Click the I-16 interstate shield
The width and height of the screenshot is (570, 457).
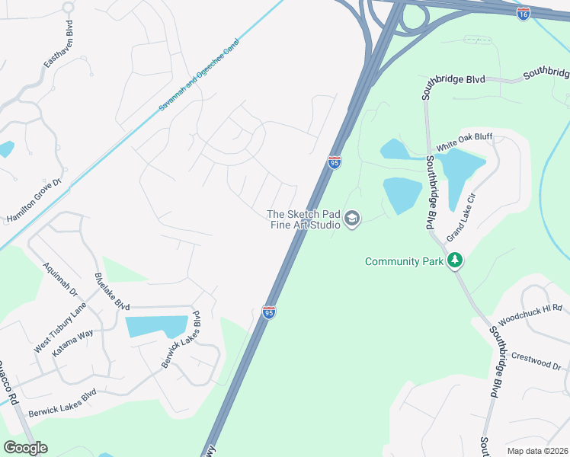(x=523, y=14)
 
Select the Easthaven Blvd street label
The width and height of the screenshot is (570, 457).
(x=59, y=44)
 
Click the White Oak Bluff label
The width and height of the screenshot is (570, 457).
(x=464, y=142)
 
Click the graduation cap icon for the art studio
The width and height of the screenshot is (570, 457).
(x=351, y=219)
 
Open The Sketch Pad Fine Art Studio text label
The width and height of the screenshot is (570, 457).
(x=303, y=219)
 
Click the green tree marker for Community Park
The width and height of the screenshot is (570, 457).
(x=455, y=261)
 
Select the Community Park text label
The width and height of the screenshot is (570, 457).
(x=404, y=261)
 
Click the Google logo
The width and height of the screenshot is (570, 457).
(x=25, y=448)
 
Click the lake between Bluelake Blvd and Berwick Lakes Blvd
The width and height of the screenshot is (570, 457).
(x=156, y=326)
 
